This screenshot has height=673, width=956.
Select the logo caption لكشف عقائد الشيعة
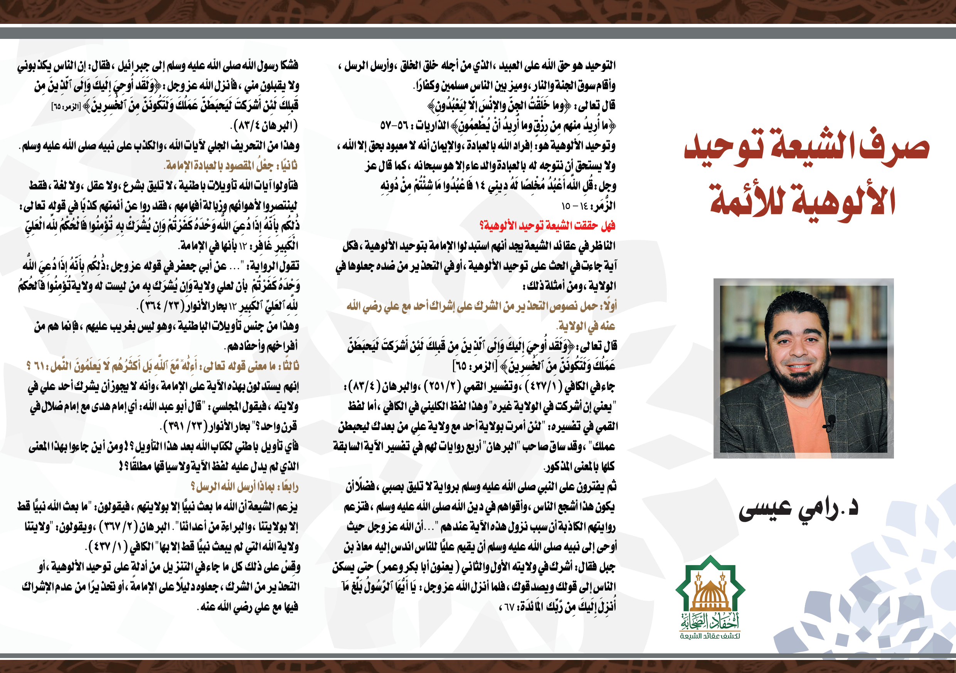[710, 636]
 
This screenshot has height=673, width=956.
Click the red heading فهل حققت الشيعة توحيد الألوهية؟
[547, 226]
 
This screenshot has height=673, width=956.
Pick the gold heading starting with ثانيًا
[231, 166]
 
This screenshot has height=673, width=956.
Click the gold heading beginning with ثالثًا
[162, 366]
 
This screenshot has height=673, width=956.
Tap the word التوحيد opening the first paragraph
[600, 66]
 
